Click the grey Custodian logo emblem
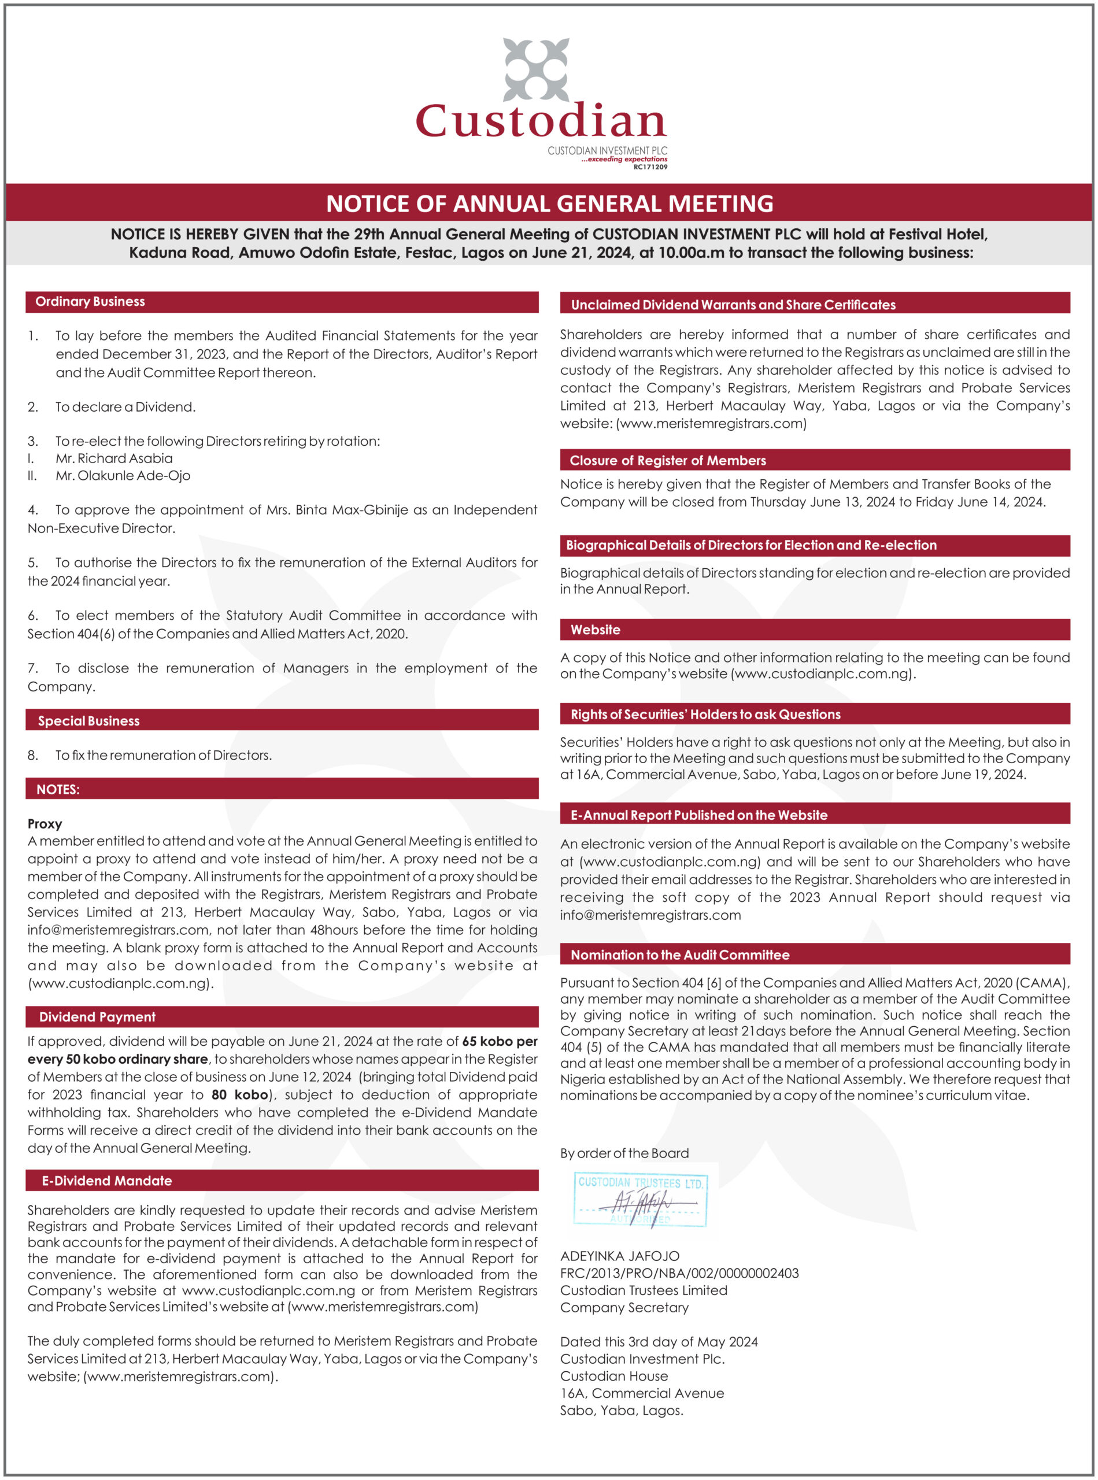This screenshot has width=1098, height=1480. pos(537,69)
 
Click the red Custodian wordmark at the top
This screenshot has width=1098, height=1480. pos(541,121)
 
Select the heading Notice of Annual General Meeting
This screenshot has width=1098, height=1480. pos(549,203)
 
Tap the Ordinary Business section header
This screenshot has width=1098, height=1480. pos(90,302)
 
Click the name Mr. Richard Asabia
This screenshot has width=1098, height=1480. pos(114,458)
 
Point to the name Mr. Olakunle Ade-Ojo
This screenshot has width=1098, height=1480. pos(123,476)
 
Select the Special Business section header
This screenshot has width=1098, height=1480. pos(88,720)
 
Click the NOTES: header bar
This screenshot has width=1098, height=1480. pos(58,790)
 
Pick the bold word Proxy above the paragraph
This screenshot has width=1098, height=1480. pos(45,824)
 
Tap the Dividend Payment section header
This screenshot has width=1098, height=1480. pos(97,1017)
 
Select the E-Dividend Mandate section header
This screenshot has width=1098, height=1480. pos(106,1181)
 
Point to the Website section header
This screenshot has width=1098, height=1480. pos(595,630)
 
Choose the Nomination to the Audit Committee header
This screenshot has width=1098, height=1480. pos(679,955)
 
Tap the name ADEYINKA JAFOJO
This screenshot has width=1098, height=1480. pos(619,1256)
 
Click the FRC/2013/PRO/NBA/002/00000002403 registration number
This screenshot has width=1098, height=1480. pos(679,1273)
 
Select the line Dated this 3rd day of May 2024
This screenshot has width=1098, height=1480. pos(659,1342)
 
